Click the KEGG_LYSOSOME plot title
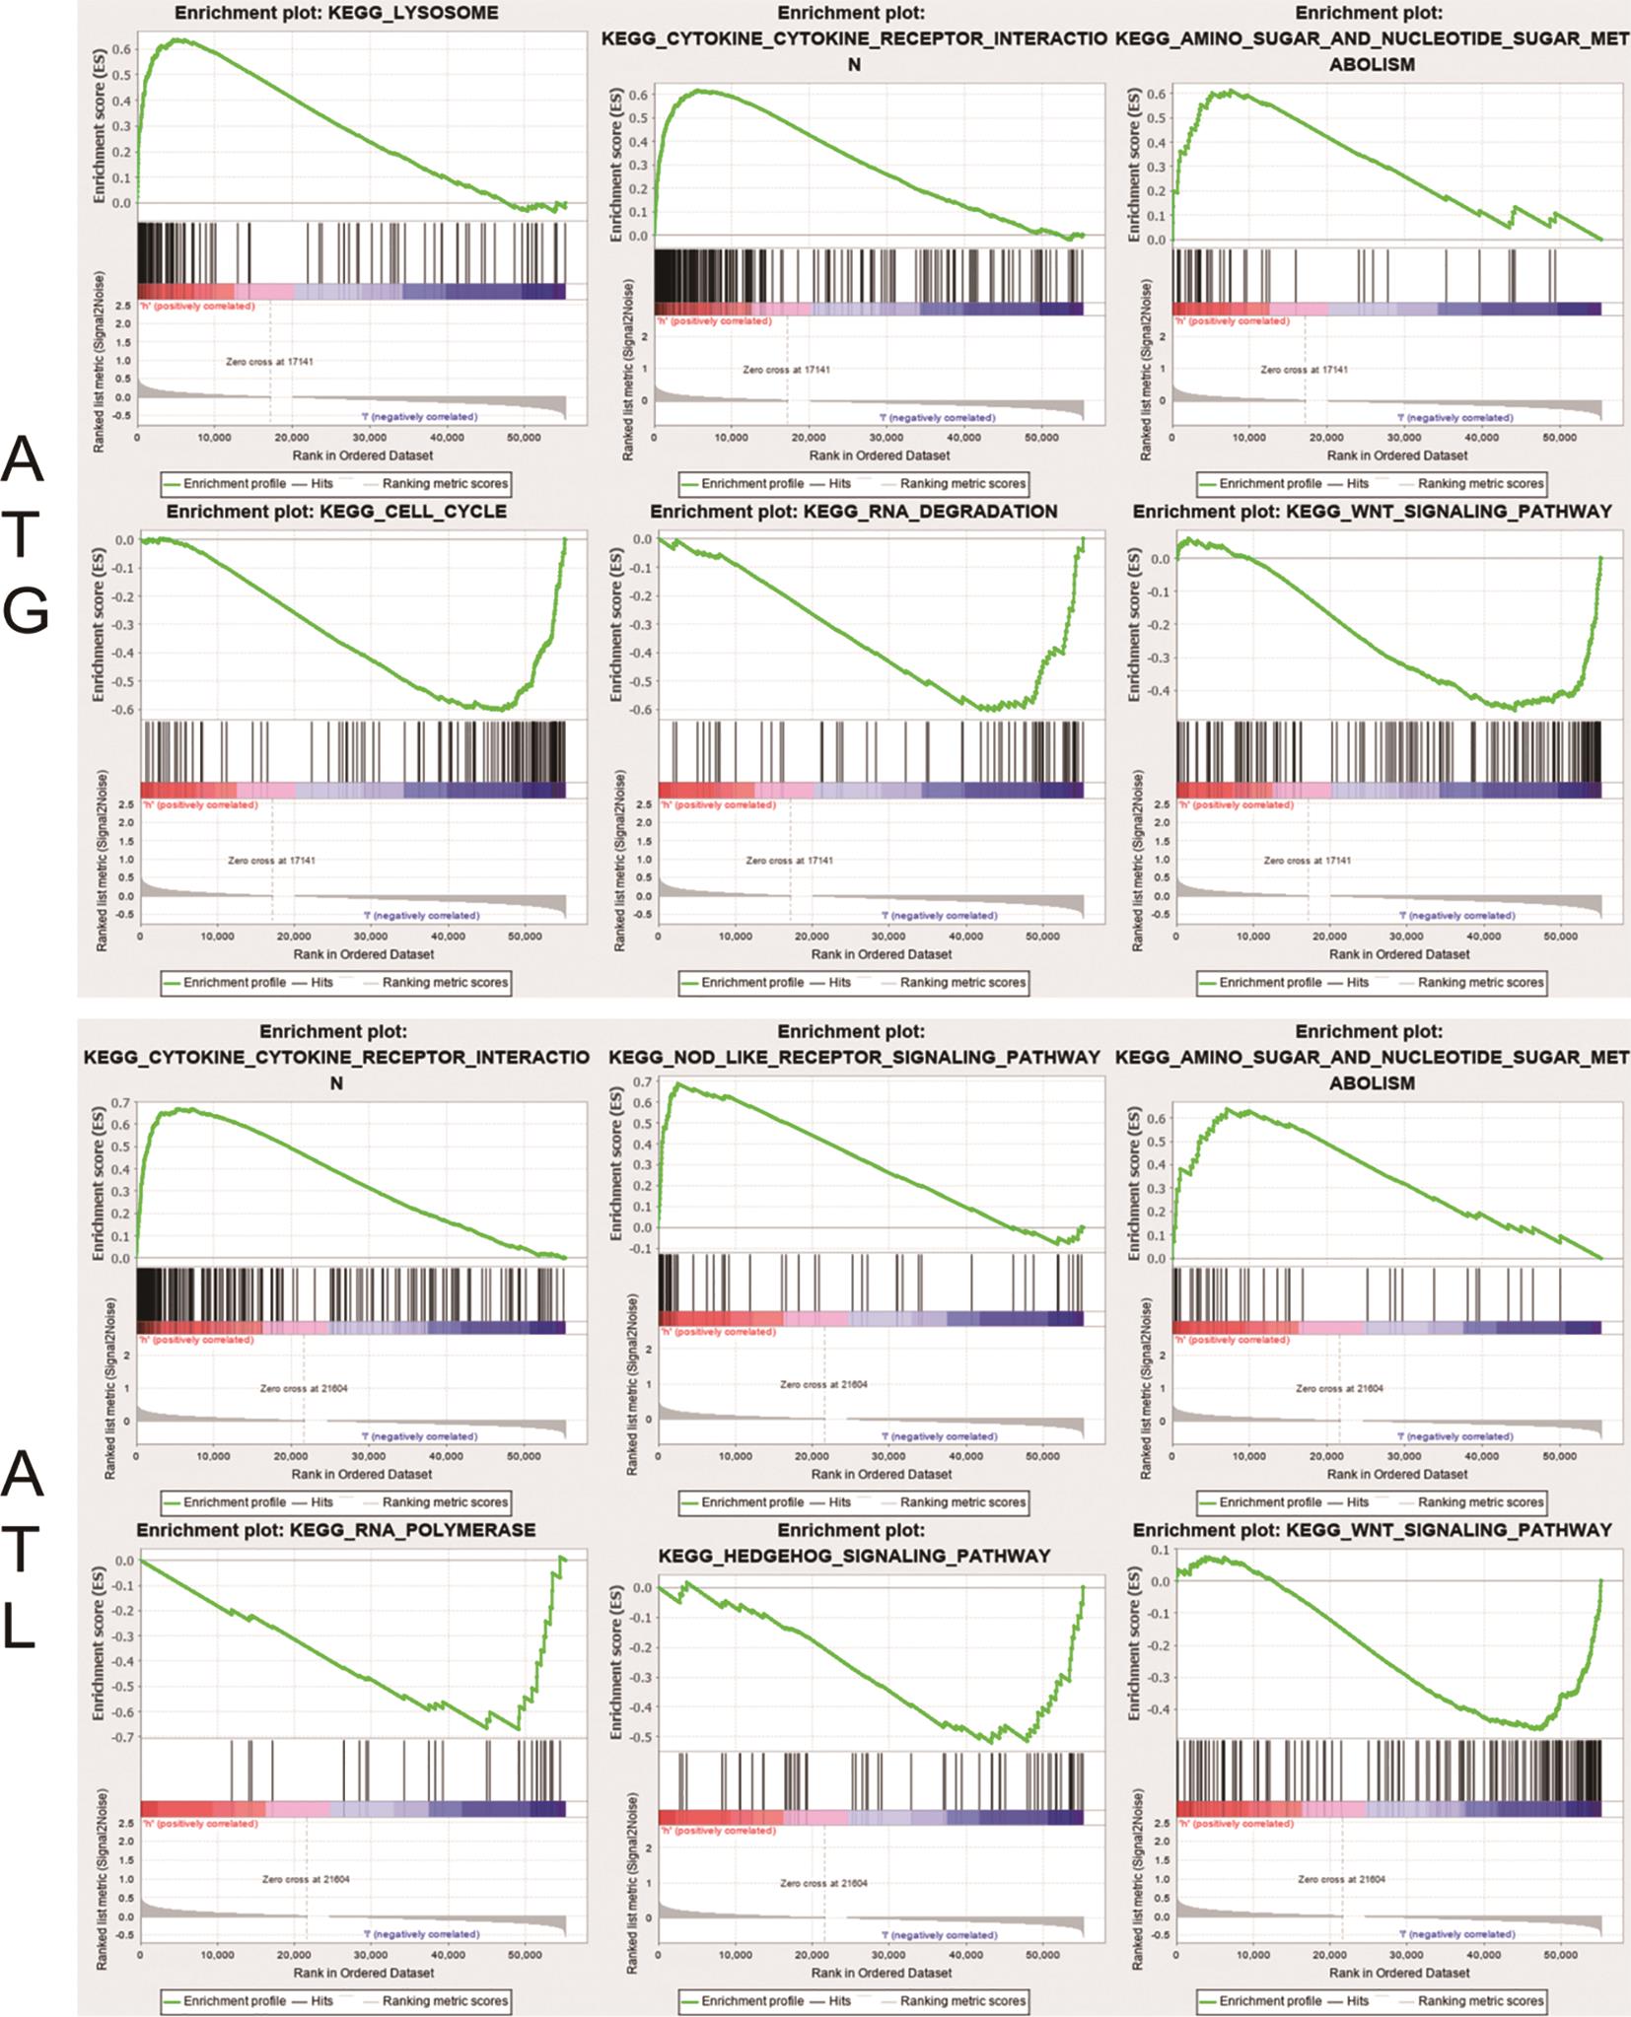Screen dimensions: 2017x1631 point(336,14)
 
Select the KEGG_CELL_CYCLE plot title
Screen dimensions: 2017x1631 point(336,512)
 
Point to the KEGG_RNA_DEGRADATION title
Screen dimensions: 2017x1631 point(854,512)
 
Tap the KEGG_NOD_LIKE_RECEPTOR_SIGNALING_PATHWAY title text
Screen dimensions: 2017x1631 point(854,1057)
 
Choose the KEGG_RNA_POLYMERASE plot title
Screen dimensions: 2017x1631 point(336,1531)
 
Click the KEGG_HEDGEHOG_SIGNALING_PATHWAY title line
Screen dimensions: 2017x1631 point(854,1556)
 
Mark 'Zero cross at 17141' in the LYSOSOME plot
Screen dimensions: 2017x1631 point(270,362)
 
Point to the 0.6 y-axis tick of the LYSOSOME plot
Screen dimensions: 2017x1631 point(122,48)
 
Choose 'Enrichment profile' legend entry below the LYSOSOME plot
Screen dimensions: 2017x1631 point(235,484)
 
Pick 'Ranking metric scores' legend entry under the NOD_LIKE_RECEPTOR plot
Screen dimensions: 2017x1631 point(962,1502)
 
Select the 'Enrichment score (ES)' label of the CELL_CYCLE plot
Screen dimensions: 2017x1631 point(100,621)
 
